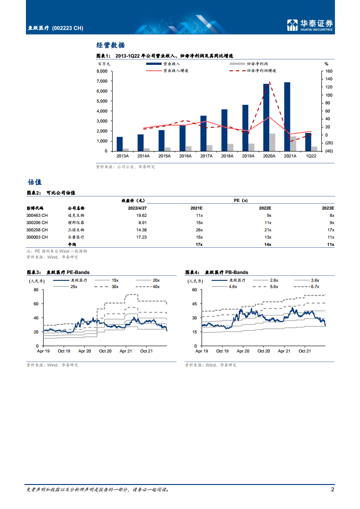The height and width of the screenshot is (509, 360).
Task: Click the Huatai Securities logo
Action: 310,25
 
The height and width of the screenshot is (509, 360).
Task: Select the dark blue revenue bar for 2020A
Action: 266,117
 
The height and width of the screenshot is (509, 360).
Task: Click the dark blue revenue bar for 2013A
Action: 119,144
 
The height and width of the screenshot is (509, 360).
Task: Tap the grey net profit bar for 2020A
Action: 272,142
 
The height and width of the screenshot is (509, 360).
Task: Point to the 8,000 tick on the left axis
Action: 102,71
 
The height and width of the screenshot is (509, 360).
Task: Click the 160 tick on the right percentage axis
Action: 329,71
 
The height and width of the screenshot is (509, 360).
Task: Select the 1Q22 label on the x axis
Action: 311,156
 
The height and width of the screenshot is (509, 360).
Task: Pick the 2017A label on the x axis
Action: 206,156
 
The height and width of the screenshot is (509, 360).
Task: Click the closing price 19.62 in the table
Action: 141,215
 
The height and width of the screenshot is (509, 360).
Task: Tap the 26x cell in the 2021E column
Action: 199,230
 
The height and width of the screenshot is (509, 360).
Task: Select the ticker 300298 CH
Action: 37,230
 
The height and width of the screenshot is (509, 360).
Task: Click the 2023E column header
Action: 328,208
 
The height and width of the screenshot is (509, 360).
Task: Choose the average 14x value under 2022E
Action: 268,245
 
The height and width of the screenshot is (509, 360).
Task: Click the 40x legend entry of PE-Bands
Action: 148,287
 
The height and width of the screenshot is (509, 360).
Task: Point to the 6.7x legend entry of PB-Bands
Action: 306,287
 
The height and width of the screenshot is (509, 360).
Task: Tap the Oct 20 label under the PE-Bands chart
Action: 105,351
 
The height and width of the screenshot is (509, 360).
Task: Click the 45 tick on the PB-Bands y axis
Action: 194,304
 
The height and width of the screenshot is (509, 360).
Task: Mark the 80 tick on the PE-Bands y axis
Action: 36,290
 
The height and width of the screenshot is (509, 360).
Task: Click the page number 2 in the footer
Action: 332,489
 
